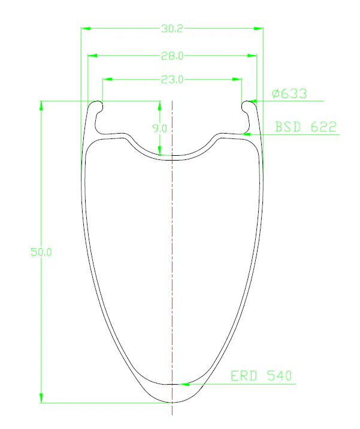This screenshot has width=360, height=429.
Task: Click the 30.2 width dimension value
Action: point(172,28)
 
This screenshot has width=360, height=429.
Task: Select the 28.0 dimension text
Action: point(172,56)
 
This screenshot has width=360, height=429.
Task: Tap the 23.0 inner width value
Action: point(172,79)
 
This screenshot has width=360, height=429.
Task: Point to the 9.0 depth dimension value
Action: point(160,128)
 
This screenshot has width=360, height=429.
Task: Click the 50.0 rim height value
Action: point(41,252)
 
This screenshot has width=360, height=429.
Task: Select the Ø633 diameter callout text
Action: point(289,93)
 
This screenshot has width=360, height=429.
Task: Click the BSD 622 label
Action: point(305,126)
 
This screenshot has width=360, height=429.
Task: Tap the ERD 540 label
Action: point(261,376)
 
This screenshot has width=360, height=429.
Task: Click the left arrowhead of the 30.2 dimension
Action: point(86,28)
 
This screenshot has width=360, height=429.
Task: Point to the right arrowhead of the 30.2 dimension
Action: point(259,28)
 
